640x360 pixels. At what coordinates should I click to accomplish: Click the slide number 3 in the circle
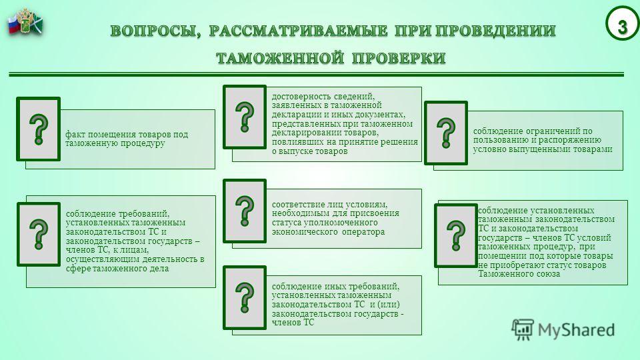[622, 27]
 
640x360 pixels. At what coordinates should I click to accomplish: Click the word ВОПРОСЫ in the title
[155, 31]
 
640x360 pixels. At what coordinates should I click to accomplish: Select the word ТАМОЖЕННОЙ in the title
[279, 58]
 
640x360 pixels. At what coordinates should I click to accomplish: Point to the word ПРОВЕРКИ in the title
[399, 58]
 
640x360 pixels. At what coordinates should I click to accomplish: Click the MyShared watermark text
[576, 330]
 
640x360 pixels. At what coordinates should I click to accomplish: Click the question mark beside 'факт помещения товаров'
[39, 129]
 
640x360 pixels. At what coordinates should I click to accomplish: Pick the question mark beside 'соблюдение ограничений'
[446, 133]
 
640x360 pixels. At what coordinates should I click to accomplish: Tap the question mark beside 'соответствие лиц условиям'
[245, 211]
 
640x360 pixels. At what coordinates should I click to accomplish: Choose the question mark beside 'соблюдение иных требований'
[245, 297]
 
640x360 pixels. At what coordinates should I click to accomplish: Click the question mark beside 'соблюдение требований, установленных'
[39, 234]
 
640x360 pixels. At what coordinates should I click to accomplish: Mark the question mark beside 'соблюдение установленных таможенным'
[456, 235]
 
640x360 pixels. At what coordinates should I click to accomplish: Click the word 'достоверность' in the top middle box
[301, 97]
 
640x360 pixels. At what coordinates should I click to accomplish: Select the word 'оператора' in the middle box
[364, 232]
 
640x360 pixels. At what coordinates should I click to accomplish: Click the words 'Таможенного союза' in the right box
[519, 274]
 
